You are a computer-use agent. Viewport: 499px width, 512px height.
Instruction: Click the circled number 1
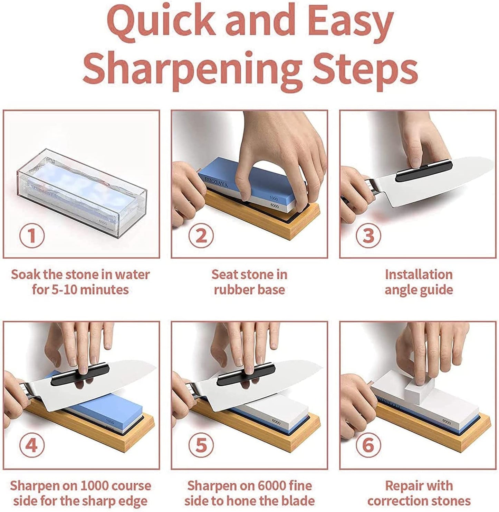[x=32, y=235]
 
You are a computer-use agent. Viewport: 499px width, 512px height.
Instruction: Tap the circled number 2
[x=201, y=235]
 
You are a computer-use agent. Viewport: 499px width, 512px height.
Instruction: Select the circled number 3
[x=368, y=235]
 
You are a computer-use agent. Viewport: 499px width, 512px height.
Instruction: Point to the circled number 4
[x=32, y=445]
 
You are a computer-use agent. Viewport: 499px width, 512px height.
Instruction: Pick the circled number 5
[x=201, y=445]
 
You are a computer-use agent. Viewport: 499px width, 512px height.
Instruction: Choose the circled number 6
[x=368, y=445]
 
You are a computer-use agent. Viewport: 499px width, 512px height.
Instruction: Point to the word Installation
[x=419, y=275]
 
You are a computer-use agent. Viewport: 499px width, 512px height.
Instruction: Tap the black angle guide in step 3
[x=424, y=171]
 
